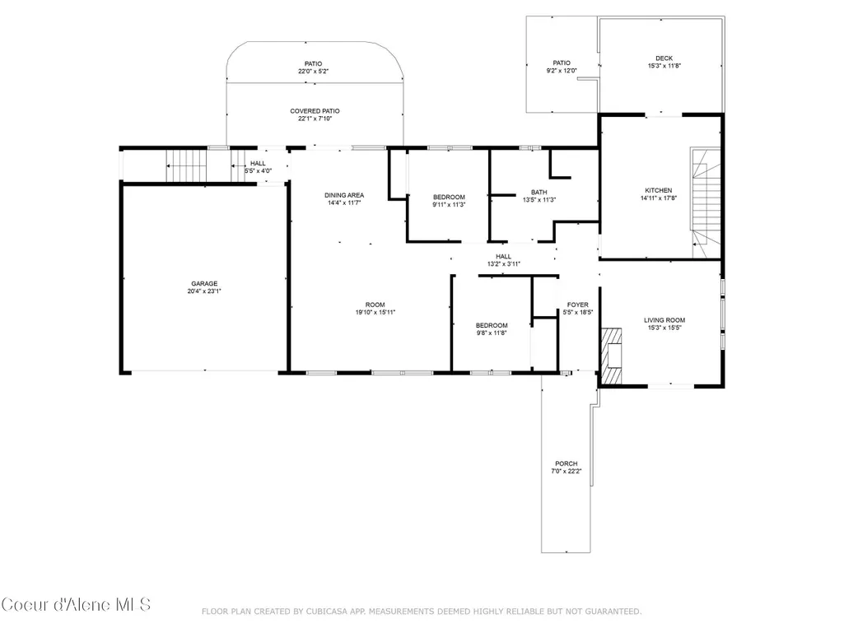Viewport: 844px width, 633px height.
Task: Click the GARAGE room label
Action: point(204,284)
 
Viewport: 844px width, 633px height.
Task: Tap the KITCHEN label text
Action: point(658,190)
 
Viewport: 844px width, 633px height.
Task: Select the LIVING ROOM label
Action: point(664,320)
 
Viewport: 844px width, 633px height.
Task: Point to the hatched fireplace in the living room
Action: point(611,356)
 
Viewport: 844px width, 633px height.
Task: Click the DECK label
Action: point(664,58)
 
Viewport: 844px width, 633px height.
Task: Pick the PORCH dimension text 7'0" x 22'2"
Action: point(567,471)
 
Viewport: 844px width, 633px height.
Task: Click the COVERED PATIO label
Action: point(315,111)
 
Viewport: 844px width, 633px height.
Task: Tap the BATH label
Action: point(539,192)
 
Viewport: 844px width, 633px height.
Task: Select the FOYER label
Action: point(577,305)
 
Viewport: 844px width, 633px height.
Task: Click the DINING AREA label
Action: point(344,195)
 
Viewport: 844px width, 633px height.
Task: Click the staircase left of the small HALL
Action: point(186,165)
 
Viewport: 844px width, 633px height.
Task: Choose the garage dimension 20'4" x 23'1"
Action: point(204,291)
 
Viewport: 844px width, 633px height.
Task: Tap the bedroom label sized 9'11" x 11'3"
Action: point(449,197)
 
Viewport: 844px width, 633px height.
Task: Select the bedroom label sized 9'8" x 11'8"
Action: point(492,326)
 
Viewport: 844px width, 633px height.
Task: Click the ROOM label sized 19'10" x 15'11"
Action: point(375,305)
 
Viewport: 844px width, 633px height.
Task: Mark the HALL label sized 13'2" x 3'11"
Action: point(504,257)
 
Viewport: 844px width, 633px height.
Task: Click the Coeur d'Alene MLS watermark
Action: point(76,604)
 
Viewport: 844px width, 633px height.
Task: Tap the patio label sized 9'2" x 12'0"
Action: point(562,63)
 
